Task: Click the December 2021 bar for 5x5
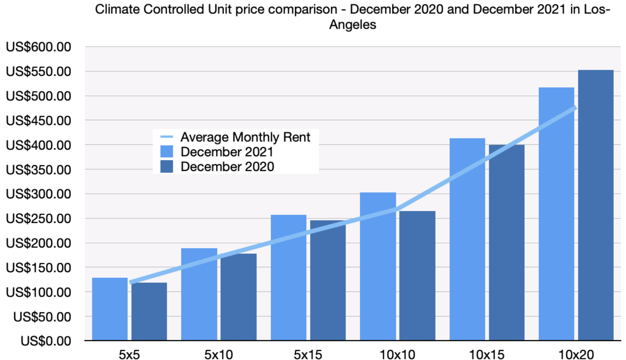pos(110,309)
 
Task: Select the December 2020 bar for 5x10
pos(238,297)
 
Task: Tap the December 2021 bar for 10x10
pos(378,266)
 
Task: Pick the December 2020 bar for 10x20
pos(595,205)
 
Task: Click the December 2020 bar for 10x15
pos(507,243)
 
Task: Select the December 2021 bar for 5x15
pos(288,278)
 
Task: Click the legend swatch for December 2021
pos(167,152)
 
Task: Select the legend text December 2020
pos(227,167)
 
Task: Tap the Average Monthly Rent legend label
pos(245,137)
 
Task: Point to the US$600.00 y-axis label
pos(38,47)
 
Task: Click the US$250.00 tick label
pos(38,218)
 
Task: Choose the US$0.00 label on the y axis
pos(46,341)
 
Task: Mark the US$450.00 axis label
pos(38,121)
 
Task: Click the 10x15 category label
pos(487,354)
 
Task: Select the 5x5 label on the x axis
pos(129,354)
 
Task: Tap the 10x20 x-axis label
pos(576,354)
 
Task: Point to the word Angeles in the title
pos(352,25)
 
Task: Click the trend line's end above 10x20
pos(575,107)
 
